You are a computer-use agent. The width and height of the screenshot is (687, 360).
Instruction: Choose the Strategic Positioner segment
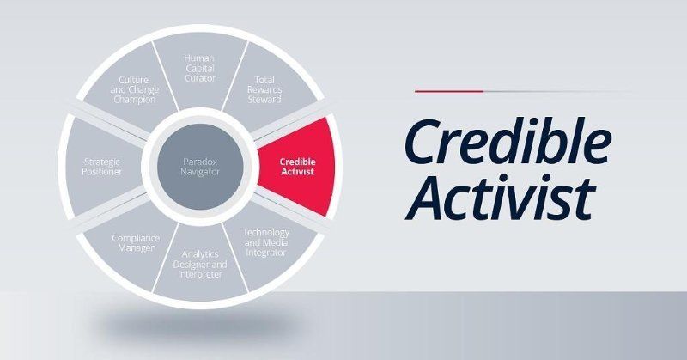click(x=101, y=165)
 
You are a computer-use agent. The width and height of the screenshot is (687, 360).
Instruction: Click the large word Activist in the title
click(x=500, y=195)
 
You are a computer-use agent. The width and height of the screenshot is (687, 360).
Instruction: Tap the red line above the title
click(x=449, y=90)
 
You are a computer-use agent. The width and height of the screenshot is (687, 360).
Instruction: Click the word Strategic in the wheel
click(x=101, y=160)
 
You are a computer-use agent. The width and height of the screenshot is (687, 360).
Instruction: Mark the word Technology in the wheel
click(x=265, y=232)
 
